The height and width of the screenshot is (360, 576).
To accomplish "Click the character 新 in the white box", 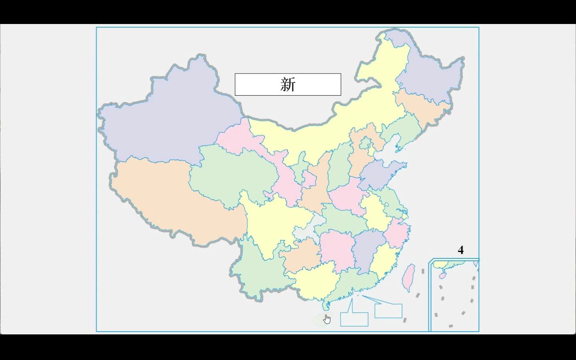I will pyautogui.click(x=288, y=84).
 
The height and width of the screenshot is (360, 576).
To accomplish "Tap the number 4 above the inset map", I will pyautogui.click(x=460, y=250).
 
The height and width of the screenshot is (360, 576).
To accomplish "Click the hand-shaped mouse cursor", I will pyautogui.click(x=327, y=319).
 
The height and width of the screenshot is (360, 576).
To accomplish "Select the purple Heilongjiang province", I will pyautogui.click(x=432, y=76).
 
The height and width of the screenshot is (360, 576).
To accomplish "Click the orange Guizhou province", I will pyautogui.click(x=302, y=254).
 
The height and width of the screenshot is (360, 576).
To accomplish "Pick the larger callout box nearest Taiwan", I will pyautogui.click(x=388, y=311).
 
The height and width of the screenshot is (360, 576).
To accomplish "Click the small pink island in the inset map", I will pyautogui.click(x=442, y=276).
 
